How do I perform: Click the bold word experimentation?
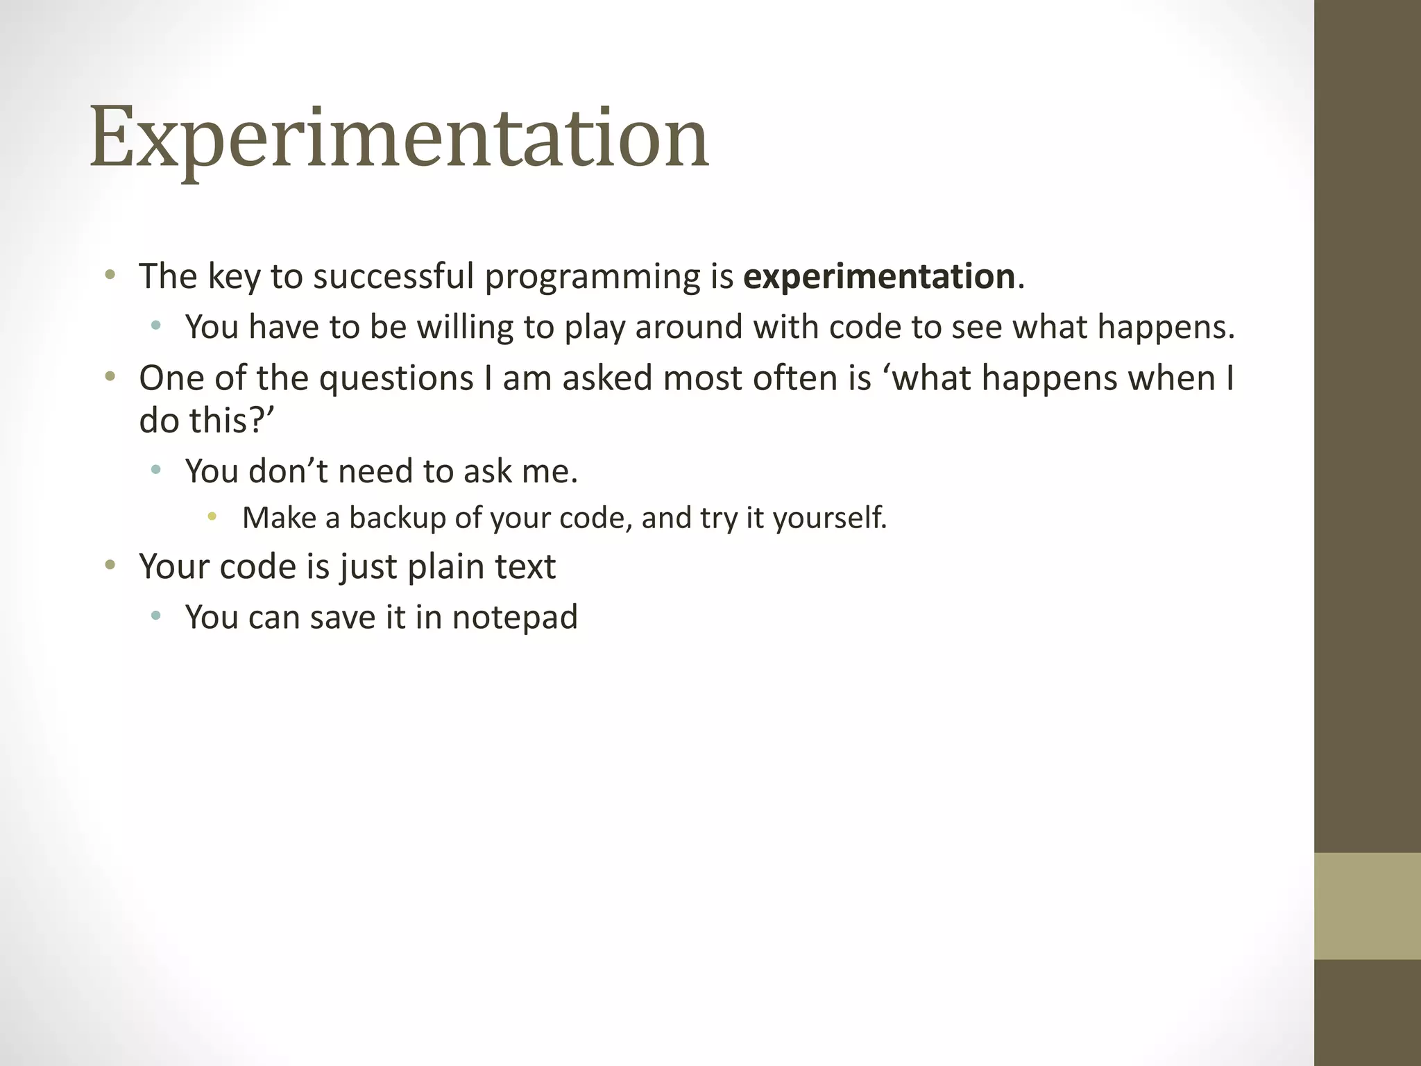pos(879,276)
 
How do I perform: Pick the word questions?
pos(396,379)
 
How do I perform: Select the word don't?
pos(288,471)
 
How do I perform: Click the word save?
pos(343,618)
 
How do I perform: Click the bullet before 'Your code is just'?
pos(109,565)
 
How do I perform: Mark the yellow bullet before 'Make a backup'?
pos(212,516)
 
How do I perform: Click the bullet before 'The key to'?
pos(109,275)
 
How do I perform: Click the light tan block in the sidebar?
pos(1367,906)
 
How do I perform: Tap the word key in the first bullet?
pos(233,276)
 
